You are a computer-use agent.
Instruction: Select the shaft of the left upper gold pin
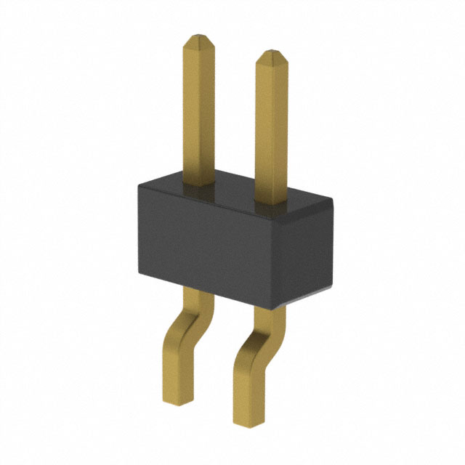coord(198,109)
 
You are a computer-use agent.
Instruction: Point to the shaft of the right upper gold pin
coord(270,124)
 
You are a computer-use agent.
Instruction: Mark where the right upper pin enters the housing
coord(270,199)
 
